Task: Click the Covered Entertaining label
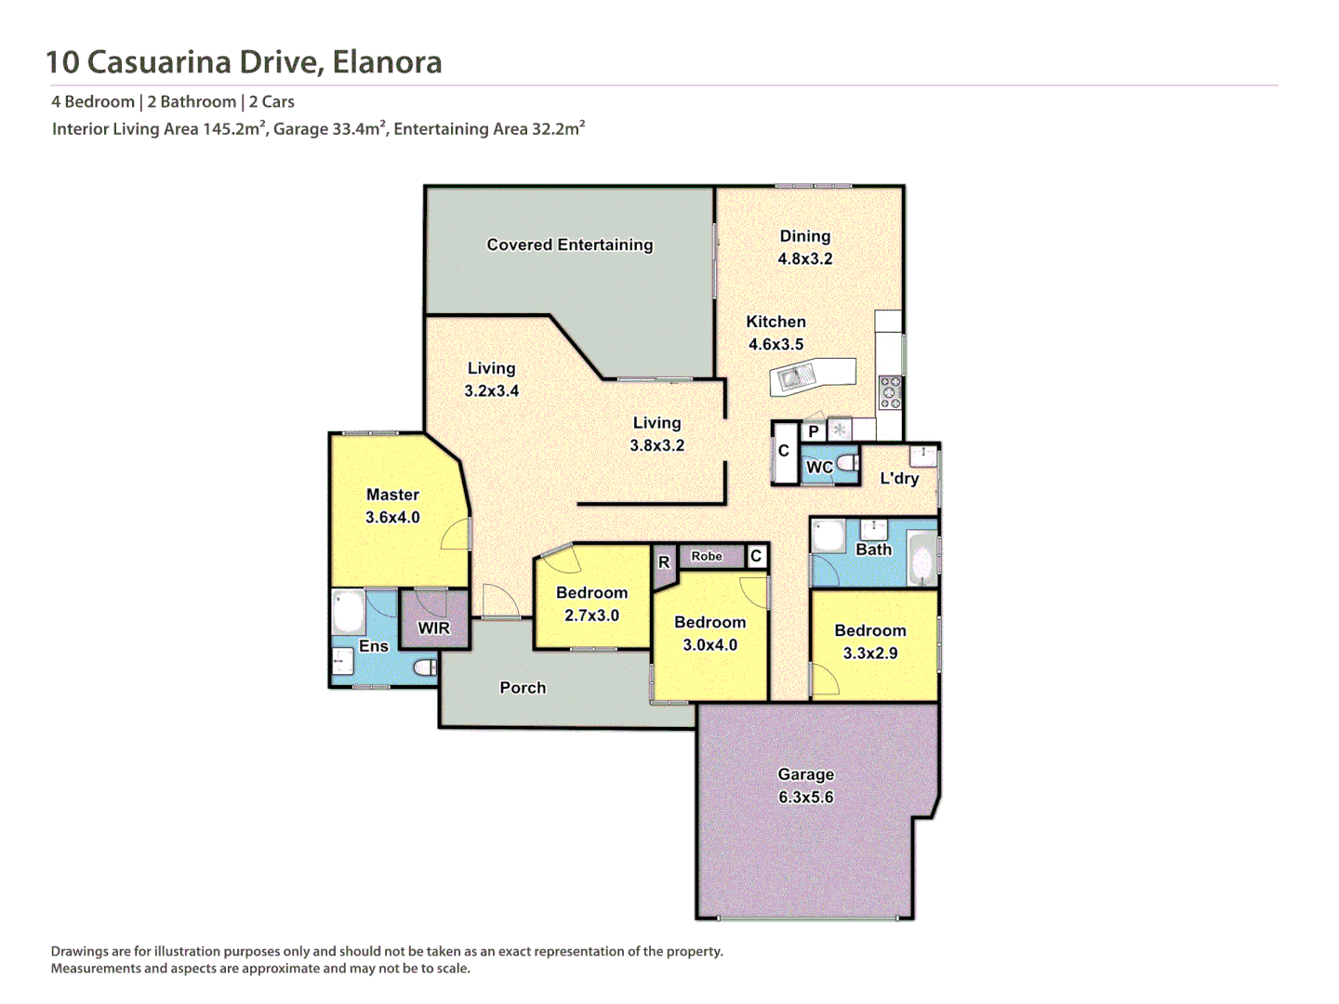569,244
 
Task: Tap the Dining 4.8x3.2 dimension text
805,259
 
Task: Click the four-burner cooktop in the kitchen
890,392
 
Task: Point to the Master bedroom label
392,495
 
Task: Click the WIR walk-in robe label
433,628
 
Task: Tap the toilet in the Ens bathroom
426,667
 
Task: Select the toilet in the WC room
847,463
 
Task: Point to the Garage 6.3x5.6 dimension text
805,798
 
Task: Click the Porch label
523,688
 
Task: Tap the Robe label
707,557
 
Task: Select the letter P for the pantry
814,431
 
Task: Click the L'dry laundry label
899,479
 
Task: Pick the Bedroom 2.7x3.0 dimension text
591,615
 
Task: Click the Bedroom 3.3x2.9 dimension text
870,654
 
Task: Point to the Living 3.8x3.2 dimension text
656,446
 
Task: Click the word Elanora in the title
387,62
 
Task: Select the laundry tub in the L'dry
922,455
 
